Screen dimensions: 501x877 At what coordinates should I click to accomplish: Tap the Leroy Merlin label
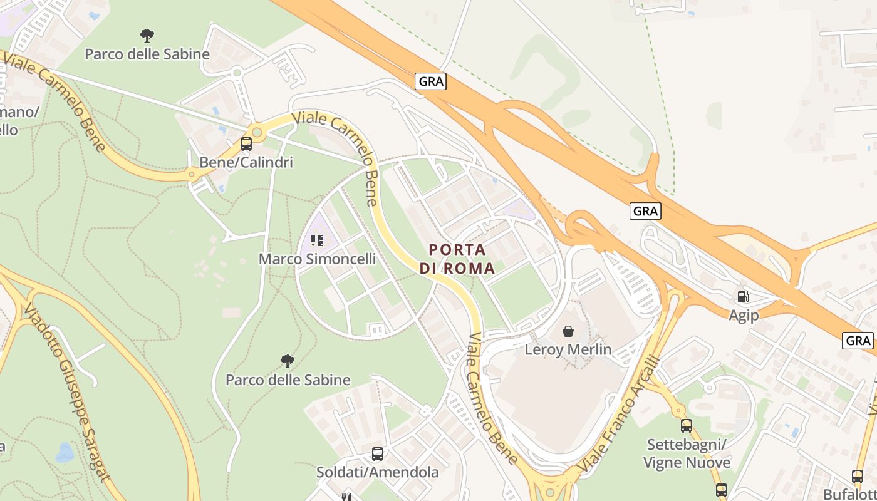tap(568, 349)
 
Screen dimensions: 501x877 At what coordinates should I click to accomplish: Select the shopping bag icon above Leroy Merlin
tap(568, 331)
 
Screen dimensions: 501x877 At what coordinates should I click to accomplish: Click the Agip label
tap(744, 315)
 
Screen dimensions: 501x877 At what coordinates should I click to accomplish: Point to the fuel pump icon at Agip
tap(744, 296)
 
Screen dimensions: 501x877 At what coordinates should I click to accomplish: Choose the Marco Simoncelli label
tap(318, 259)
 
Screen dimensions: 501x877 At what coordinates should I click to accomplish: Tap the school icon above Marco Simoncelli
tap(317, 240)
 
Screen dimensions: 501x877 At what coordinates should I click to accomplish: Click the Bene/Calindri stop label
tap(246, 162)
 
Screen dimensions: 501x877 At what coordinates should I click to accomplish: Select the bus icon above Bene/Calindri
tap(246, 144)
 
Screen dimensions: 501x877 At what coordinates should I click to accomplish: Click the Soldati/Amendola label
tap(378, 472)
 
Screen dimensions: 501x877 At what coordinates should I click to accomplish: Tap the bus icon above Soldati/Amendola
tap(378, 454)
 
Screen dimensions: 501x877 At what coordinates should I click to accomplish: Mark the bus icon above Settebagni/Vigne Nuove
tap(687, 426)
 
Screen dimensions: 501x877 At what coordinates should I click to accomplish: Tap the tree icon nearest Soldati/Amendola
tap(288, 361)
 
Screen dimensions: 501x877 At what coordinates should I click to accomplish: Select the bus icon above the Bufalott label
tap(858, 476)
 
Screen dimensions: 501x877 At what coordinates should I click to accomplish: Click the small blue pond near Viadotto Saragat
tap(65, 452)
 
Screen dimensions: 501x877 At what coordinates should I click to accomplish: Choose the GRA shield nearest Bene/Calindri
tap(430, 81)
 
